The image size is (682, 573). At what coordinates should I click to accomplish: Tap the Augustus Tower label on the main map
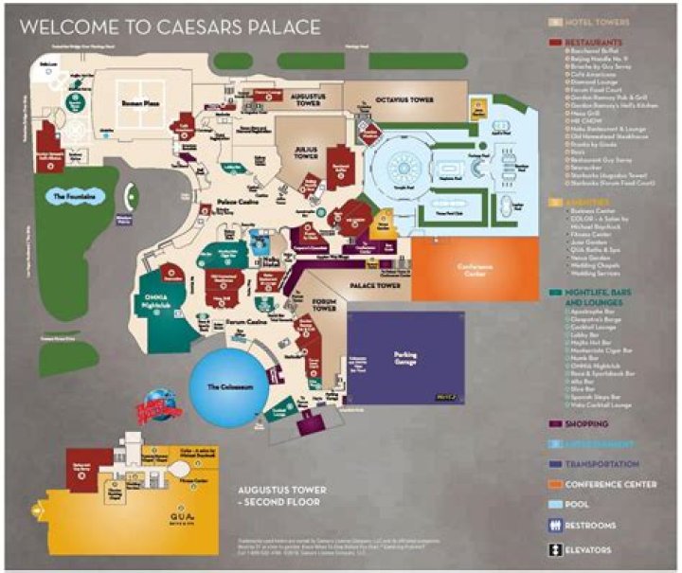[x=309, y=99]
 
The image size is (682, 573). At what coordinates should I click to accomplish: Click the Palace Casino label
[x=234, y=202]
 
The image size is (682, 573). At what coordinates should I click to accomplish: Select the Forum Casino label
[x=245, y=332]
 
